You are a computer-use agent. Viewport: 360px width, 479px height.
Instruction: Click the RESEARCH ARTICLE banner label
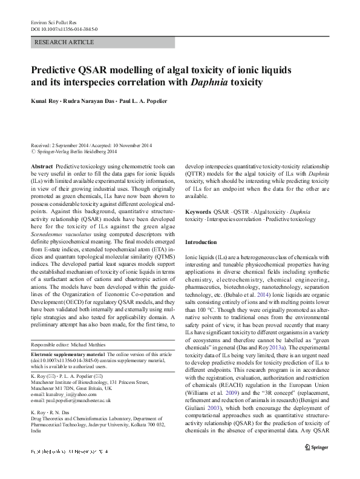(x=65, y=42)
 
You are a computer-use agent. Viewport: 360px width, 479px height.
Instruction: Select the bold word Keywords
(x=198, y=212)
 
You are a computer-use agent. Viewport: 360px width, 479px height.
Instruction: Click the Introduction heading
(x=201, y=242)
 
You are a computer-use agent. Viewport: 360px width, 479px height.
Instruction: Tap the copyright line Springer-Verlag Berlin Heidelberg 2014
(x=76, y=153)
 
